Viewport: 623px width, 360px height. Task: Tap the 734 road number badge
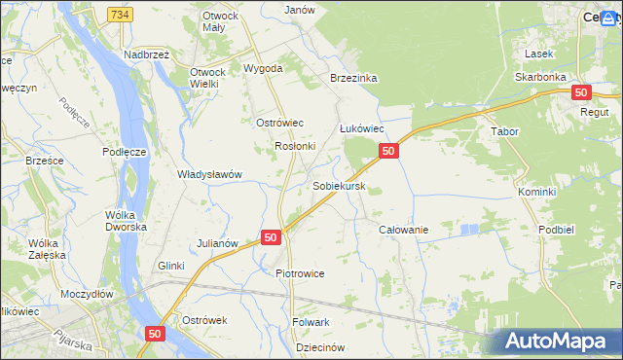pyautogui.click(x=120, y=15)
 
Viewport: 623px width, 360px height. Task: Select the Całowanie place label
pyautogui.click(x=403, y=229)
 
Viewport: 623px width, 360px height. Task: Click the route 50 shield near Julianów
pyautogui.click(x=272, y=237)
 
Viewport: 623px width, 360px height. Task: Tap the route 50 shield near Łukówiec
pyautogui.click(x=387, y=151)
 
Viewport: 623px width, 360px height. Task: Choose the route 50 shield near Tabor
pyautogui.click(x=580, y=92)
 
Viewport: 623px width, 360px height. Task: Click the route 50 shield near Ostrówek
pyautogui.click(x=155, y=333)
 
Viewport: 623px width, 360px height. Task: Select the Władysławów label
pyautogui.click(x=208, y=174)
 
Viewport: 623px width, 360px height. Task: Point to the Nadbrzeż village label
pyautogui.click(x=147, y=55)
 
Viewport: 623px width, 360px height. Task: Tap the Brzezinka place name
pyautogui.click(x=353, y=78)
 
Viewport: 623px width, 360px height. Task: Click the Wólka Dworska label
pyautogui.click(x=128, y=220)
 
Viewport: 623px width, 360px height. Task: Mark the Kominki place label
pyautogui.click(x=536, y=192)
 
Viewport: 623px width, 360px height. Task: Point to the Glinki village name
pyautogui.click(x=171, y=266)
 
